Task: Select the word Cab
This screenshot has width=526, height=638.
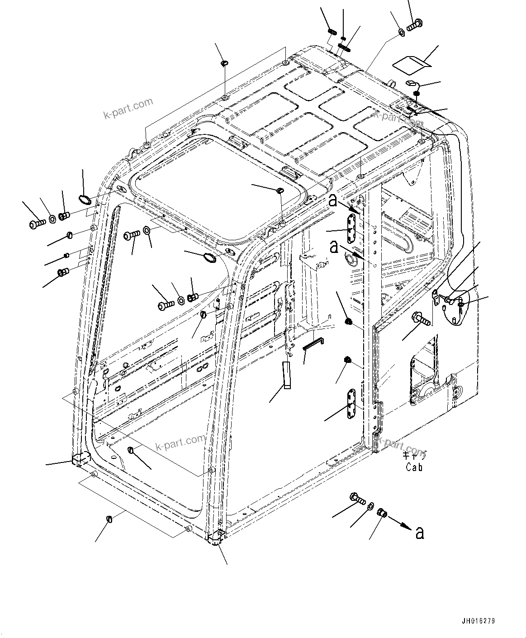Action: coord(414,467)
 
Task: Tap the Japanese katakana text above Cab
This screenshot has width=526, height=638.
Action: coord(414,457)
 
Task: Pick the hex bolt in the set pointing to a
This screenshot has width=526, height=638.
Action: coord(357,499)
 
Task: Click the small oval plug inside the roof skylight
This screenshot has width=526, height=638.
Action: coord(280,190)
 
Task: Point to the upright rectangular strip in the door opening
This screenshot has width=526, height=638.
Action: coord(286,375)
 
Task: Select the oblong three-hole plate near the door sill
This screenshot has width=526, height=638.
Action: coord(351,405)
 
